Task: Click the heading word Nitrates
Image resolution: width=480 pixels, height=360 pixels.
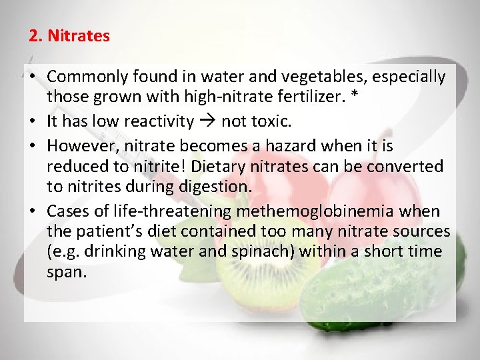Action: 78,36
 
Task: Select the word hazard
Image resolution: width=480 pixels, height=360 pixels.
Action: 289,145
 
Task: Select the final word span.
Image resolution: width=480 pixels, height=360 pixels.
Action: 67,272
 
